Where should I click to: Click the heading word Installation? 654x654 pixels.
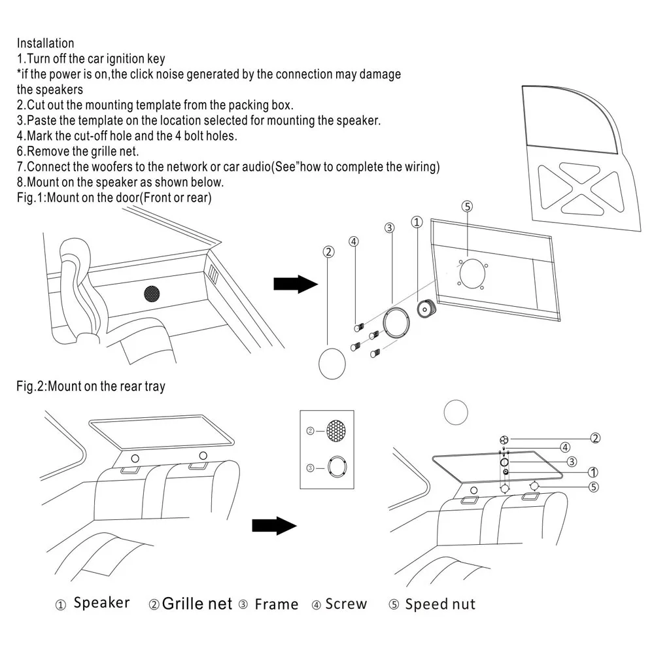tap(46, 43)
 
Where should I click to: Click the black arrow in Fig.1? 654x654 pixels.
tap(296, 284)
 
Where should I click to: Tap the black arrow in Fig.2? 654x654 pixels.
tap(274, 526)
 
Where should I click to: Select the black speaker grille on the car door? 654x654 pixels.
tap(152, 294)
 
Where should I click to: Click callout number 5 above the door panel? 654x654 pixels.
tap(467, 207)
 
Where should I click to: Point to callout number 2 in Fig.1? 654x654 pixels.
tap(329, 252)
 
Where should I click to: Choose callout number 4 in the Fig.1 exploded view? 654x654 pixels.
tap(354, 241)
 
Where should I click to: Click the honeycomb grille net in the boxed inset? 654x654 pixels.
tap(336, 430)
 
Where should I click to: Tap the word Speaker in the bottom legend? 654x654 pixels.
tap(101, 603)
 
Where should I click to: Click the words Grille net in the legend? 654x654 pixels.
tap(197, 604)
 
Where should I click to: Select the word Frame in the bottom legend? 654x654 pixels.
tap(277, 604)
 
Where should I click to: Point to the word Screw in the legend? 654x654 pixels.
tap(346, 604)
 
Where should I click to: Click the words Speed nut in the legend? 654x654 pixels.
tap(440, 604)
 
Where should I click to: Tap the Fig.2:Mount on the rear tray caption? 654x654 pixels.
tap(90, 387)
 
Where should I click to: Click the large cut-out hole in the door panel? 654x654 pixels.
tap(473, 273)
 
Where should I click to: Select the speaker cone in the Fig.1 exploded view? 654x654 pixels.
tap(426, 309)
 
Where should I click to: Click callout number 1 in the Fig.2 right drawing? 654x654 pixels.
tap(593, 472)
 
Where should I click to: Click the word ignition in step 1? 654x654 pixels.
tap(125, 59)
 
